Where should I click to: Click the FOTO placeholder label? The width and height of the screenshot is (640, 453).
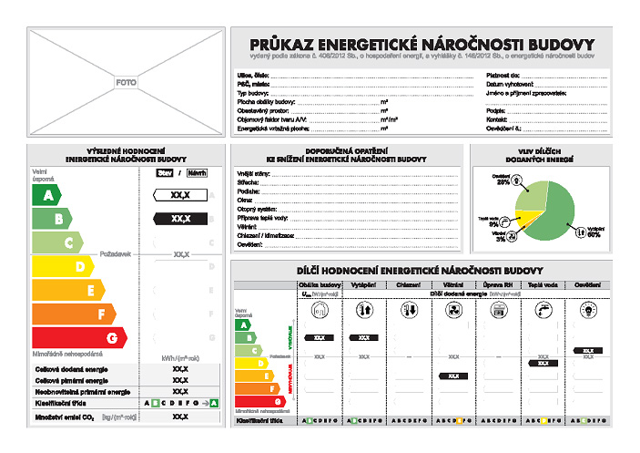pyautogui.click(x=126, y=82)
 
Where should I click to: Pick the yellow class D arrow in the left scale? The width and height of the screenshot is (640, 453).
pyautogui.click(x=63, y=266)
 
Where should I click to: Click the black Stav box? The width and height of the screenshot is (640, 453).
pyautogui.click(x=165, y=172)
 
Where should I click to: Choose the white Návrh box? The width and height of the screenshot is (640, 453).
pyautogui.click(x=196, y=172)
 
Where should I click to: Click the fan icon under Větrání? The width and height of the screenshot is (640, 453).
pyautogui.click(x=452, y=310)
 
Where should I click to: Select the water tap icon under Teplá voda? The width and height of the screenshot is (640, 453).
pyautogui.click(x=542, y=310)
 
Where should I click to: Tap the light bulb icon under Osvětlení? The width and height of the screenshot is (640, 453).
pyautogui.click(x=587, y=310)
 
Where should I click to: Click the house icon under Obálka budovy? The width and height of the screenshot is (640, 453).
pyautogui.click(x=320, y=310)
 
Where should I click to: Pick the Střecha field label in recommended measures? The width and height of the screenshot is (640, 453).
pyautogui.click(x=247, y=182)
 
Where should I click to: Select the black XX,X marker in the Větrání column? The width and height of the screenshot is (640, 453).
pyautogui.click(x=452, y=376)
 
